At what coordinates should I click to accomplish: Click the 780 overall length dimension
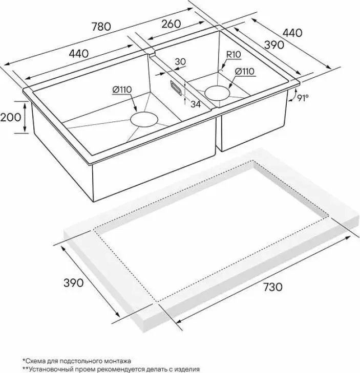point(101,27)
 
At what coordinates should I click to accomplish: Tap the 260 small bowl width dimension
point(171,24)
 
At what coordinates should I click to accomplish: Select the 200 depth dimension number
point(10,117)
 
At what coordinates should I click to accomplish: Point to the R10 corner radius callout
point(234,55)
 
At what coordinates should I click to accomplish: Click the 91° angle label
point(303,98)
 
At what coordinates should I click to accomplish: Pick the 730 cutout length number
point(272,287)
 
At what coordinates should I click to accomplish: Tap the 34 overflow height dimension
point(196,104)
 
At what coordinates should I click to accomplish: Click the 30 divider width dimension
point(180,61)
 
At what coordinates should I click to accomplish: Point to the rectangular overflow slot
point(176,88)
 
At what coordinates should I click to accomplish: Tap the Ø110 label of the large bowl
point(122,90)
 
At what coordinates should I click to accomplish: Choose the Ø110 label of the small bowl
point(245,71)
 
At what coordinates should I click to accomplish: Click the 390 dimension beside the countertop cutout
point(74,282)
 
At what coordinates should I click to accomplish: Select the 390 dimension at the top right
point(274,45)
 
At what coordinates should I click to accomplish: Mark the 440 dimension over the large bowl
point(78,54)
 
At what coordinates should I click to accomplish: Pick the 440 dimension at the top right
point(292,33)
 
